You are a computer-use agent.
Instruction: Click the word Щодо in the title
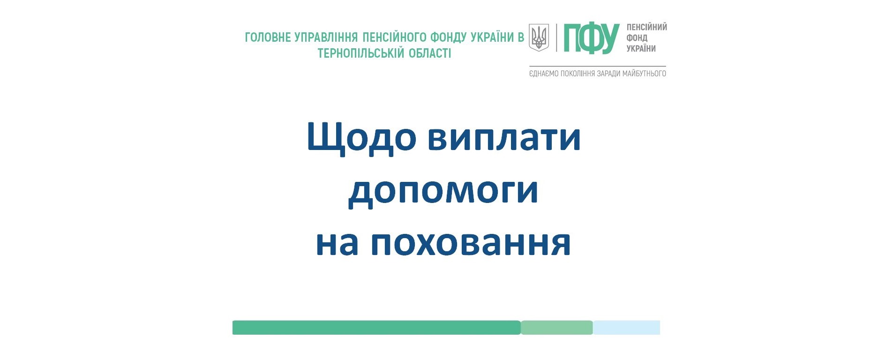click(x=361, y=138)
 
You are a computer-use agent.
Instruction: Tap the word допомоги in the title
click(x=443, y=191)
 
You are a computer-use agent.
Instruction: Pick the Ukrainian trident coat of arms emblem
click(x=539, y=37)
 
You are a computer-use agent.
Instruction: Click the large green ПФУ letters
click(x=592, y=38)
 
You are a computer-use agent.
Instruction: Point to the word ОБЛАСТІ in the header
click(x=430, y=53)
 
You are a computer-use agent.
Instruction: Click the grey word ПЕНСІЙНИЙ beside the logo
click(x=647, y=27)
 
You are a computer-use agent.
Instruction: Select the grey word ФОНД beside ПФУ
click(x=637, y=38)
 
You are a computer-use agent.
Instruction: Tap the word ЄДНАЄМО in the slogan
click(x=544, y=74)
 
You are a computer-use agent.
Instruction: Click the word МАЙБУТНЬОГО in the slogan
click(x=644, y=74)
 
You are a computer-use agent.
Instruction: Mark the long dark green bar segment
click(x=376, y=328)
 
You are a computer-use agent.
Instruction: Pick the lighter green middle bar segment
click(x=557, y=328)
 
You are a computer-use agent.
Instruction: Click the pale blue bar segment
click(x=626, y=328)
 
